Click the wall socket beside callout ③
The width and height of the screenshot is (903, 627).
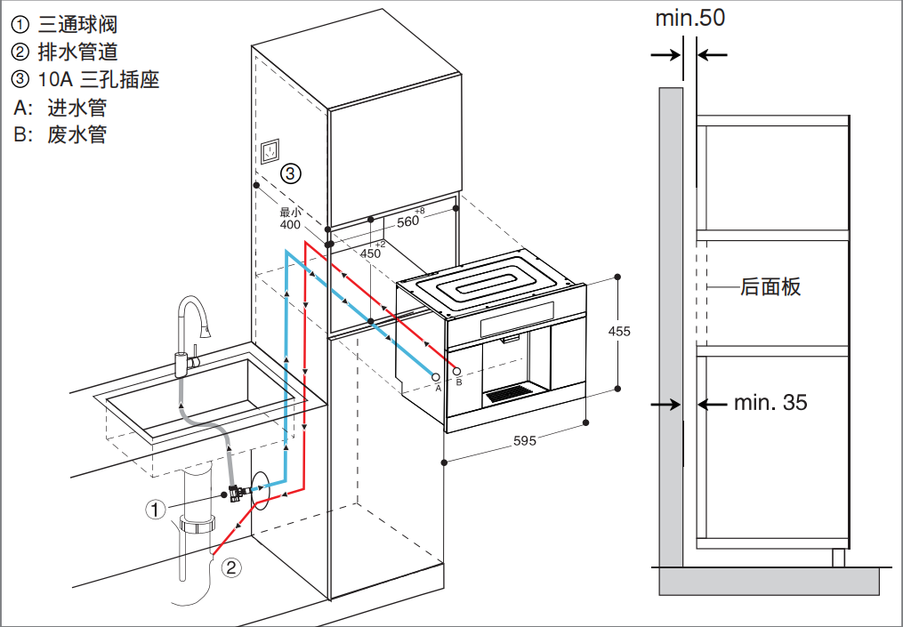point(270,152)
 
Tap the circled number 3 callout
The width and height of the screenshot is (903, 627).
point(291,173)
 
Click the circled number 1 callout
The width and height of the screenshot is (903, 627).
point(156,510)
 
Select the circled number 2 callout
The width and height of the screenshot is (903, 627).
point(230,567)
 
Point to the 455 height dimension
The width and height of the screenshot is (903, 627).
point(619,331)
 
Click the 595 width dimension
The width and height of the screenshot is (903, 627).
point(525,441)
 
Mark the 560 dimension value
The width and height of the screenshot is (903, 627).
point(407,221)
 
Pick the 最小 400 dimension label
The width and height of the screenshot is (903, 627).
point(290,220)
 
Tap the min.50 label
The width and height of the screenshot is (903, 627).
point(690,18)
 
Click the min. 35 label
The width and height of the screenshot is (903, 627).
point(770,403)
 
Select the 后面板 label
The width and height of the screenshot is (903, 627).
point(770,286)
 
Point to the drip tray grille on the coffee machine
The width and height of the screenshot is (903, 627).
point(507,391)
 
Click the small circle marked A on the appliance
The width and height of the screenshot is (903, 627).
point(437,378)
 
